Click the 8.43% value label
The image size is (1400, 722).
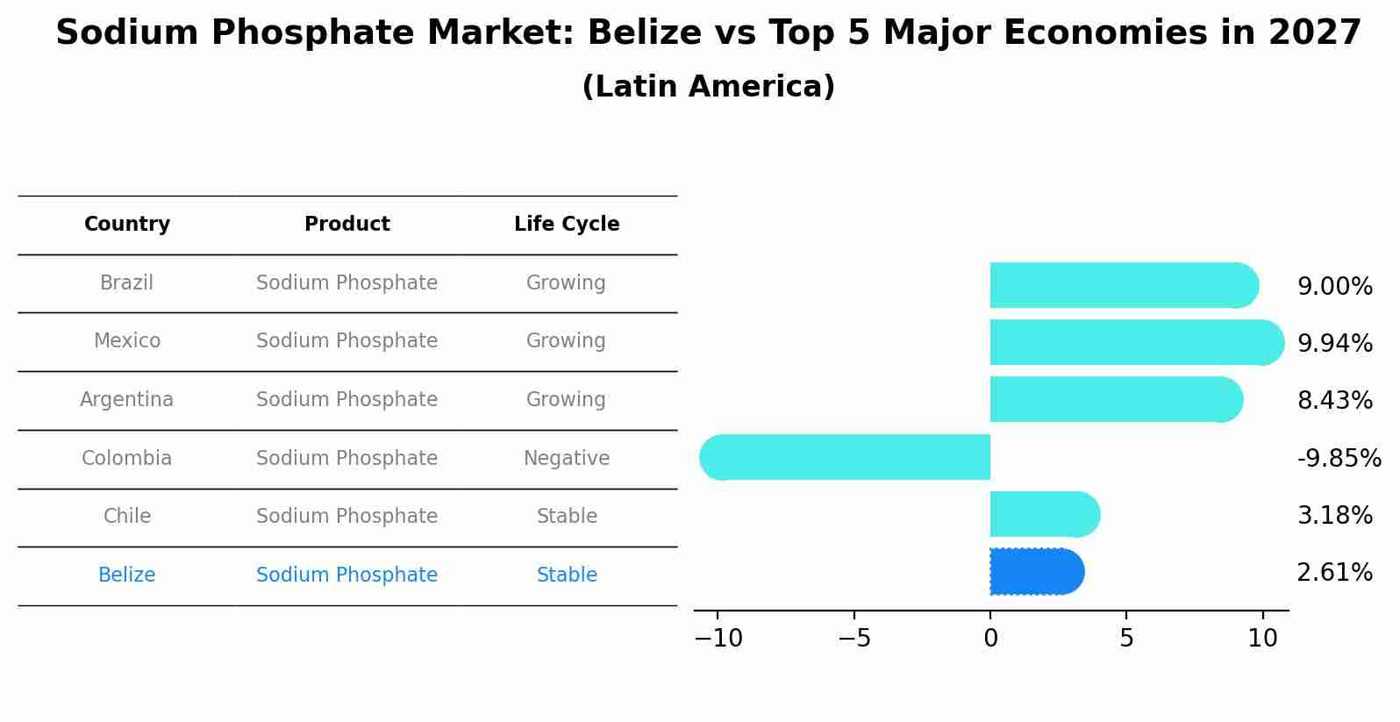[x=1334, y=401]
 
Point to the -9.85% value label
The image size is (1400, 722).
[x=1339, y=458]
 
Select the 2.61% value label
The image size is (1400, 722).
[x=1334, y=573]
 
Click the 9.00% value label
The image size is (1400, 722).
[x=1334, y=286]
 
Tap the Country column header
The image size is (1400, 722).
[x=127, y=225]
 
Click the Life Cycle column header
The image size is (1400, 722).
[x=567, y=225]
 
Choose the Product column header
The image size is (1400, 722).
[x=347, y=225]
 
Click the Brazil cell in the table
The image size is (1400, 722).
[x=127, y=283]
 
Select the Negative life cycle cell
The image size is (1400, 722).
[x=567, y=458]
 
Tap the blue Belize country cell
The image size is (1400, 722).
[x=127, y=575]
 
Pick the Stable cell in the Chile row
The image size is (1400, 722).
[x=567, y=517]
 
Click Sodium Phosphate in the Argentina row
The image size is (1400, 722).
[x=347, y=400]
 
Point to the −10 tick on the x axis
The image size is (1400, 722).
[x=718, y=639]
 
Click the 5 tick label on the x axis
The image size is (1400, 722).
[x=1126, y=639]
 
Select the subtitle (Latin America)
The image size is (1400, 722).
[x=708, y=87]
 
